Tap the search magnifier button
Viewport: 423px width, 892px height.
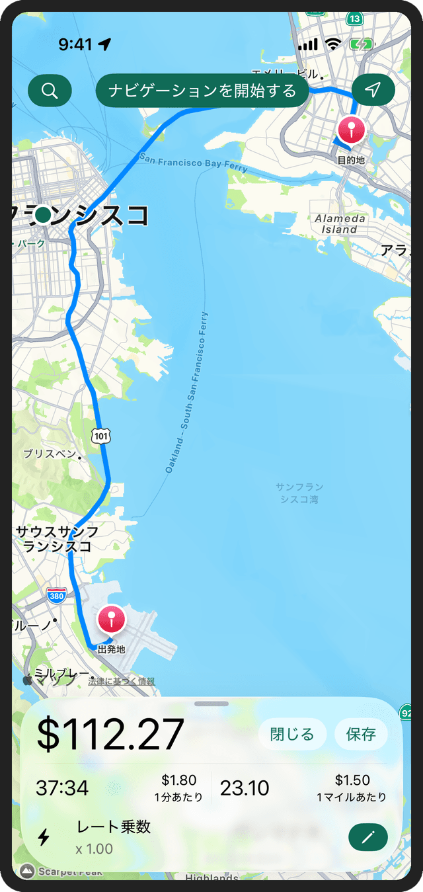point(50,91)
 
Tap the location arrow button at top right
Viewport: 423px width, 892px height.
point(373,91)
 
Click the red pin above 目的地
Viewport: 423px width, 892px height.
point(350,130)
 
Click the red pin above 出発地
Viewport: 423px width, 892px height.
point(111,620)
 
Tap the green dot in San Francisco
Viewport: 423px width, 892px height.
point(44,215)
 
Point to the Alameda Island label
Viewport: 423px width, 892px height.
point(340,224)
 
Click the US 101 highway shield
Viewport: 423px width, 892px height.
point(101,436)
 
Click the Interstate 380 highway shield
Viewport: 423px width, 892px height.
point(57,596)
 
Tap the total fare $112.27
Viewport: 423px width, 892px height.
point(110,734)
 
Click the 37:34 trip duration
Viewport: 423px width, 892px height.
point(62,788)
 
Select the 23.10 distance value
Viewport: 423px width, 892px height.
point(245,788)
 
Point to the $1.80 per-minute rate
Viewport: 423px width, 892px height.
point(179,781)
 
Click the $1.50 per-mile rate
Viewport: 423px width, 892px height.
point(352,781)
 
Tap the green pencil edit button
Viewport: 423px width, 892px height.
point(367,838)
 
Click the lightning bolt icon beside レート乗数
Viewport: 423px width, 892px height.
point(44,838)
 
